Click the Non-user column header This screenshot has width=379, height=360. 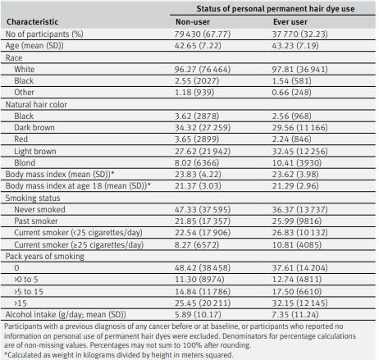(193, 22)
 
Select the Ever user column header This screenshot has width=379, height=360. (290, 22)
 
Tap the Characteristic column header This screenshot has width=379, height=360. (32, 22)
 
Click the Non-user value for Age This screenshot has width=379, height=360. (198, 45)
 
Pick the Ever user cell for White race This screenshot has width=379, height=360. (299, 70)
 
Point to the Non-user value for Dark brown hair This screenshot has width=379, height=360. (203, 128)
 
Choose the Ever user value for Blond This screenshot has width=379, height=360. (297, 163)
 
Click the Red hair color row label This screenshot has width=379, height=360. (21, 139)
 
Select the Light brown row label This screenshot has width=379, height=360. (35, 151)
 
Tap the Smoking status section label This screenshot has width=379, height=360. (33, 198)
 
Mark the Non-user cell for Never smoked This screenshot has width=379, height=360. (203, 210)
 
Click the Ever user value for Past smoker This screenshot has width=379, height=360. (297, 221)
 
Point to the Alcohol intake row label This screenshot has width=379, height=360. (66, 315)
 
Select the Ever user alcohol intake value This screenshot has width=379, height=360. (295, 315)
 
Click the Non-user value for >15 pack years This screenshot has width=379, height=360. (203, 303)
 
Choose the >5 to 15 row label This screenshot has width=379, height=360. (29, 292)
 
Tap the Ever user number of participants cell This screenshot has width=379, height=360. (299, 34)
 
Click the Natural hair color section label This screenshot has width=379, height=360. (36, 104)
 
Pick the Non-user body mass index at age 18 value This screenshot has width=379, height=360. (198, 186)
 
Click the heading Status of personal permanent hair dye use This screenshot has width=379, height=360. (276, 9)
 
